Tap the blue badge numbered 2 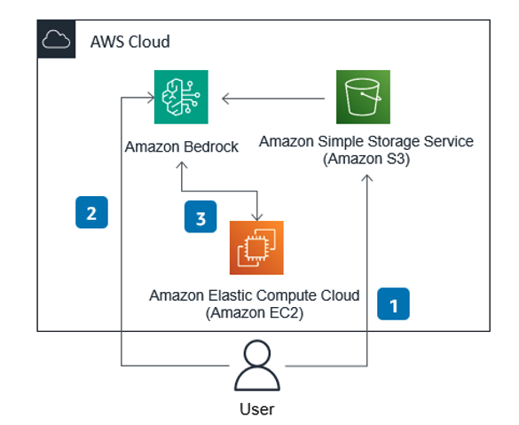pos(91,213)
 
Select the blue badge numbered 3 pos(201,217)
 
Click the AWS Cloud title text pos(130,42)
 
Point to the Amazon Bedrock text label pos(182,146)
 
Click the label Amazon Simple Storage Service pos(366,141)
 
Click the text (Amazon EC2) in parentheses pos(255,312)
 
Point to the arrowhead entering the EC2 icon pos(257,216)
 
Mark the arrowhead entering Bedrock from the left pos(144,98)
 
